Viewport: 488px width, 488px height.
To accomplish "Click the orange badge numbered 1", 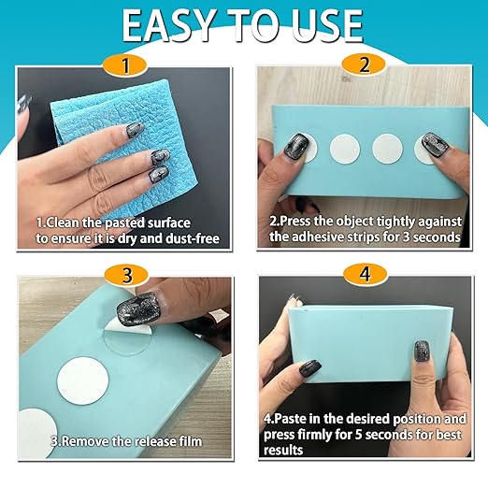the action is click(125, 65).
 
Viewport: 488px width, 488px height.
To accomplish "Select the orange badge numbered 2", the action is click(364, 65).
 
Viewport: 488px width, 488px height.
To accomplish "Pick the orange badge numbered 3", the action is click(126, 276).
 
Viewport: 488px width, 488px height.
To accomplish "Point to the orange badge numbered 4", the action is click(366, 275).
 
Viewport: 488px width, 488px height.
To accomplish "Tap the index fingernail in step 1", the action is click(133, 129).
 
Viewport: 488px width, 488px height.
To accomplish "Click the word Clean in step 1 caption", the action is click(60, 223).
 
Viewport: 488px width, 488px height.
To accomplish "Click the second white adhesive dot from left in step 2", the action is click(345, 149).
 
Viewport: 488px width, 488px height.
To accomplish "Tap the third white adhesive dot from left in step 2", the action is click(387, 149).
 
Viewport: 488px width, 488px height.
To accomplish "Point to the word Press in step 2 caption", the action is click(294, 222).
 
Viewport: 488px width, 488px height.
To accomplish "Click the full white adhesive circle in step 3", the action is click(83, 380).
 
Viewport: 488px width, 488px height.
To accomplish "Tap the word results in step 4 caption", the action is click(283, 451).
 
